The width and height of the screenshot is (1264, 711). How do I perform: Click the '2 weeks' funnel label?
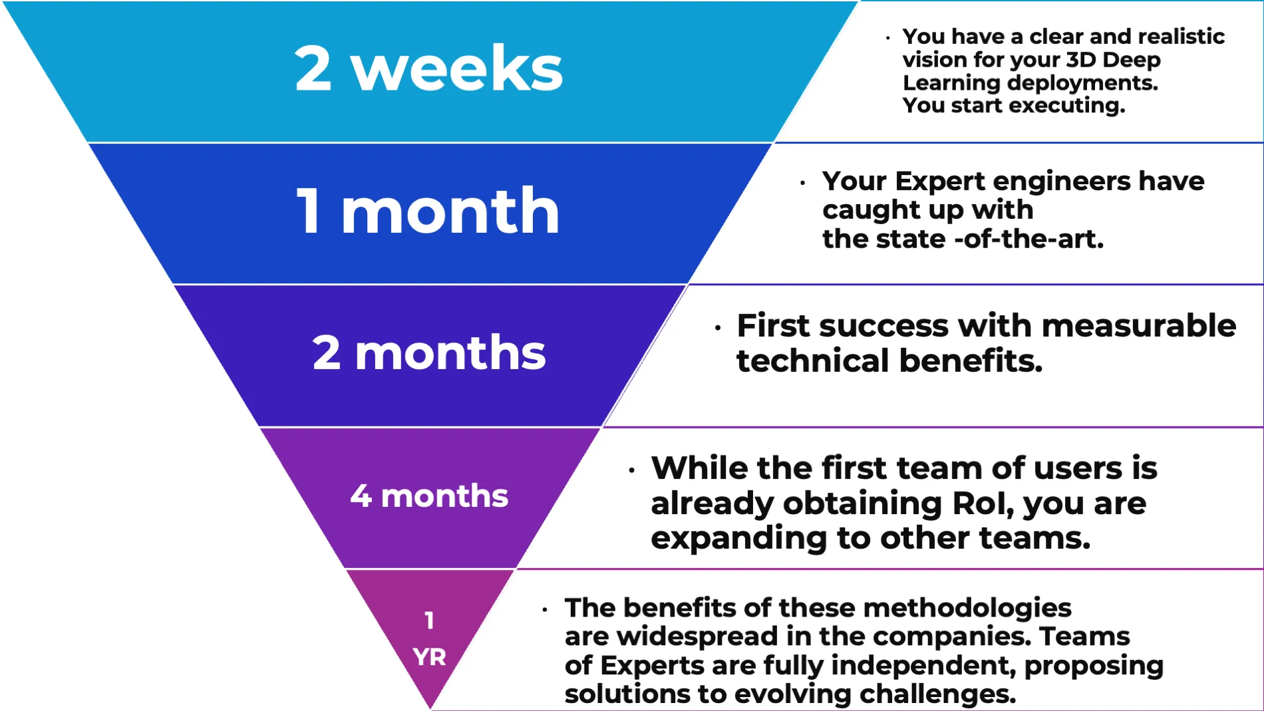click(x=428, y=69)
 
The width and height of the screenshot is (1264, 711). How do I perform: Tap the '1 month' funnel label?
click(x=428, y=211)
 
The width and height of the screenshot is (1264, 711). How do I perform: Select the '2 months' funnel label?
click(x=429, y=353)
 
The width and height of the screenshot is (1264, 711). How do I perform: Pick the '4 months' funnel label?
click(x=429, y=496)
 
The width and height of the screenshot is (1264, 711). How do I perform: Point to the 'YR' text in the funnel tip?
click(x=429, y=657)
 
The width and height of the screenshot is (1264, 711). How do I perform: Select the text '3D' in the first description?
click(x=1080, y=60)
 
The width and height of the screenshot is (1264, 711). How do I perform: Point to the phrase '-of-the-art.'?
click(x=1029, y=239)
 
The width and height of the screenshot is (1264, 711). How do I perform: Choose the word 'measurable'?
click(x=1139, y=326)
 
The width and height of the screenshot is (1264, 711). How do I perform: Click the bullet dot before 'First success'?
click(x=718, y=327)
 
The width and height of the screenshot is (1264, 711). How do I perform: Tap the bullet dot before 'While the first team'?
click(x=632, y=470)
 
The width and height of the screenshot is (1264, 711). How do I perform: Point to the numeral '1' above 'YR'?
click(x=429, y=621)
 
